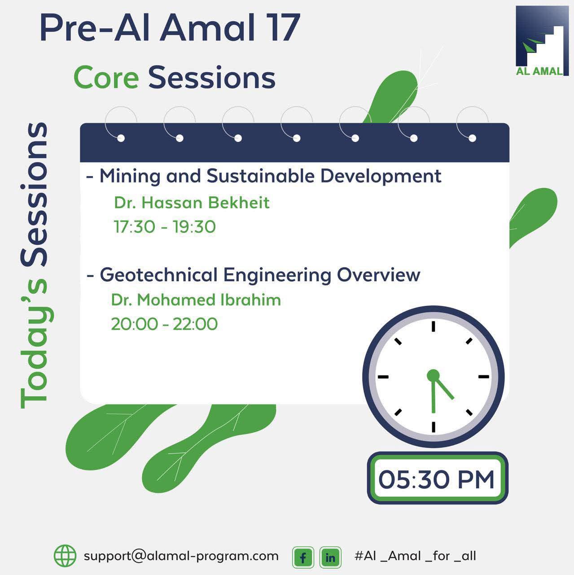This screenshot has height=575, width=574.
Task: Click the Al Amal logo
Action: (x=542, y=41)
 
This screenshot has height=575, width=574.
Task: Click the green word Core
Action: (x=106, y=78)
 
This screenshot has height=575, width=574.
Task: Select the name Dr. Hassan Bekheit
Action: (x=192, y=203)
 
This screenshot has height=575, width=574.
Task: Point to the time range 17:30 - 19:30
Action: (x=165, y=227)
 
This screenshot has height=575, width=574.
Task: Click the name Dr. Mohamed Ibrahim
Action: (x=196, y=300)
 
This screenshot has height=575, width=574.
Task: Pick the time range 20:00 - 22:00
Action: (x=164, y=324)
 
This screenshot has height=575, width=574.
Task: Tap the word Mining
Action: (x=130, y=177)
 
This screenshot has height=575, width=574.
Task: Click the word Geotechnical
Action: (x=158, y=274)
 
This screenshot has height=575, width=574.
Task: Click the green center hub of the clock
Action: (x=433, y=375)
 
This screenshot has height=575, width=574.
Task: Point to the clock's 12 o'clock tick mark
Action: (x=433, y=326)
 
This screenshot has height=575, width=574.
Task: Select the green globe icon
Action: (x=65, y=556)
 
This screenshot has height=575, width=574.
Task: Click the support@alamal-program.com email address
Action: (x=181, y=556)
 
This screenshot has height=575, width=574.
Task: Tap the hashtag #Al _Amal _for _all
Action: (x=416, y=556)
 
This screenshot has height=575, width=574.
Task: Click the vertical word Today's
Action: (x=34, y=344)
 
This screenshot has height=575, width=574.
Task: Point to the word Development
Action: (x=381, y=177)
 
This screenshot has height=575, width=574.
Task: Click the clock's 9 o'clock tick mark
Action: (x=383, y=377)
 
